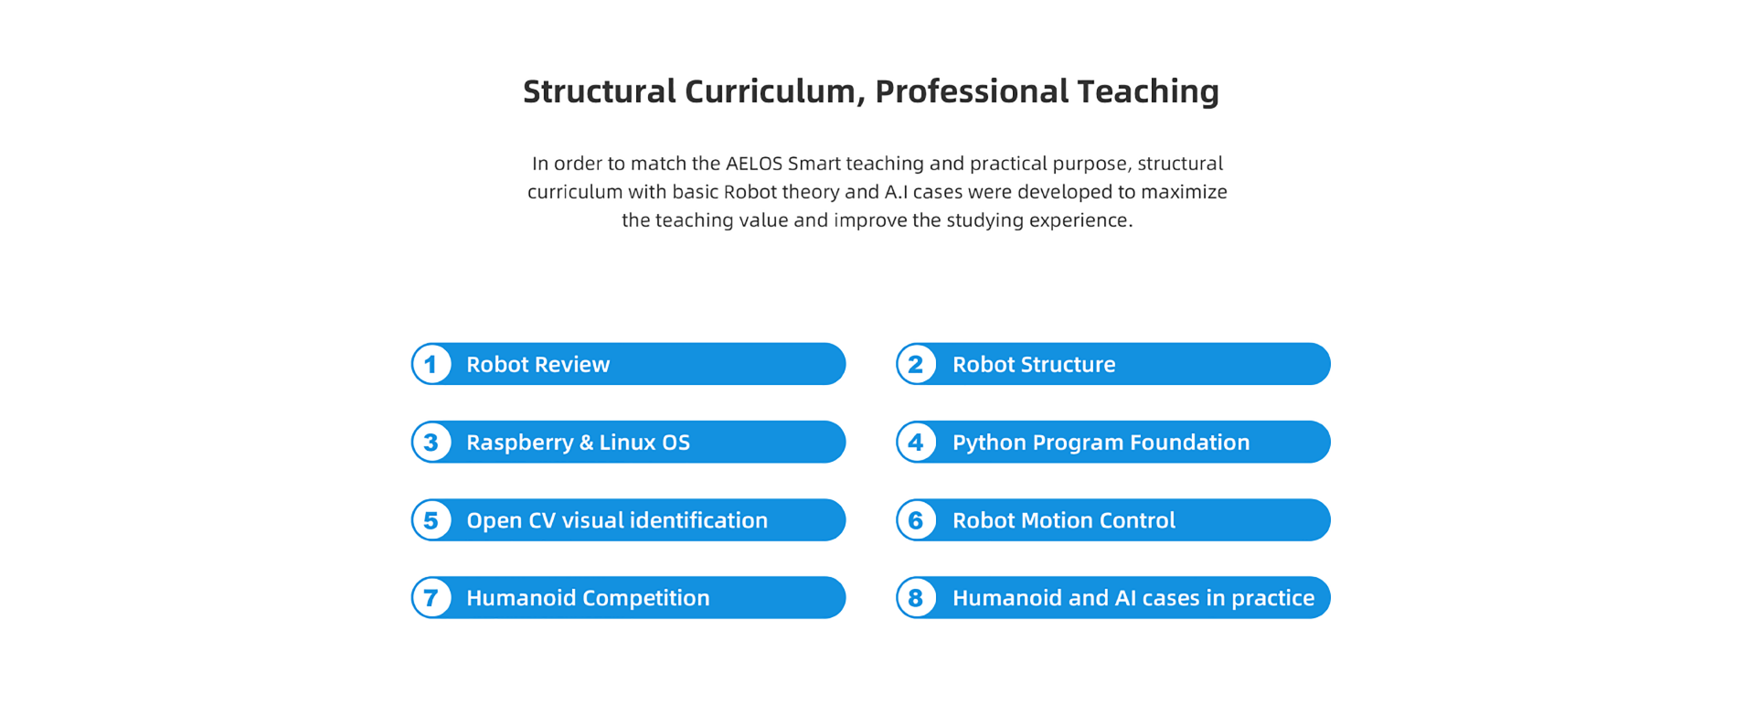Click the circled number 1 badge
click(431, 364)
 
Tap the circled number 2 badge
click(916, 364)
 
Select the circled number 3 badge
click(431, 442)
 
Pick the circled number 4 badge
click(916, 442)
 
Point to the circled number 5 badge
click(431, 519)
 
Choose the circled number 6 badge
click(916, 519)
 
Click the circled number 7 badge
click(431, 597)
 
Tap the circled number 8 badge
click(916, 597)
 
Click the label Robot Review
click(537, 364)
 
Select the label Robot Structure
click(1034, 364)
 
